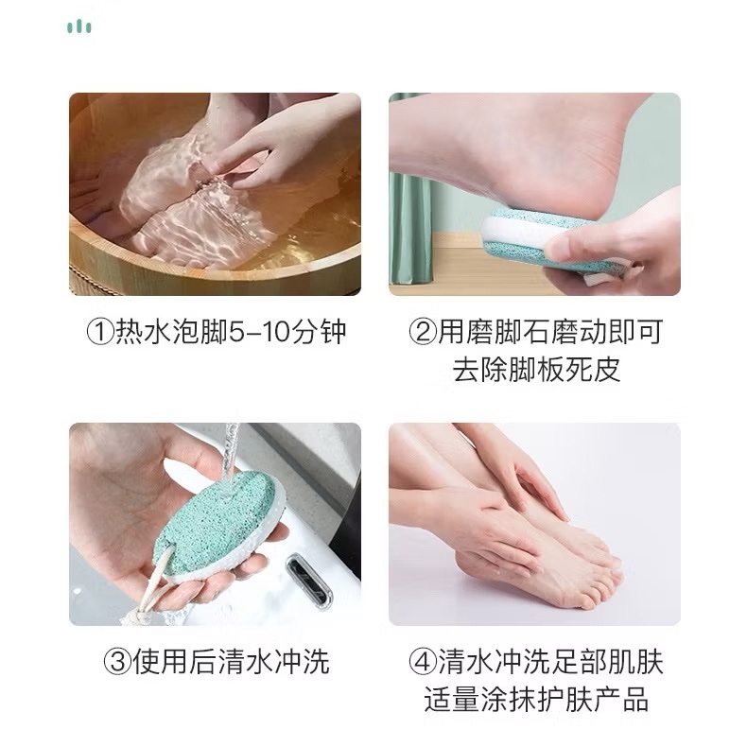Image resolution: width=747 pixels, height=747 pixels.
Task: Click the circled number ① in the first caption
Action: coord(100,332)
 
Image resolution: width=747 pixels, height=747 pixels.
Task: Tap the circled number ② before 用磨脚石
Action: coord(422,332)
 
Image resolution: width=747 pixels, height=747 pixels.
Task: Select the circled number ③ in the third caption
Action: coord(117,662)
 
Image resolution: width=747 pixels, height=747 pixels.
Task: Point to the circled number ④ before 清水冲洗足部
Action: coord(422,662)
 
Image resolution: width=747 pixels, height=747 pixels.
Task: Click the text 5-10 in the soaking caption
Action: coord(260,333)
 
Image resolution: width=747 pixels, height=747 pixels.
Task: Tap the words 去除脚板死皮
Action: coord(536,369)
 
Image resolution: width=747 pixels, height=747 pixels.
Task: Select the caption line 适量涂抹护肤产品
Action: coord(536,700)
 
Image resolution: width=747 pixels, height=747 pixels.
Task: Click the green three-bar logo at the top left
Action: coord(79,26)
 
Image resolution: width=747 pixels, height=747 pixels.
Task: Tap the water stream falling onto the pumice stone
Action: coord(229,453)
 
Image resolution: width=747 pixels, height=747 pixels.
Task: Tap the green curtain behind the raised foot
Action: coord(409,229)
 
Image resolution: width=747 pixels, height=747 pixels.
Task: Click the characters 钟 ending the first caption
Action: coord(333,332)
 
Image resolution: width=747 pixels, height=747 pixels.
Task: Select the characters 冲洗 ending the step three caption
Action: coord(302,662)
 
